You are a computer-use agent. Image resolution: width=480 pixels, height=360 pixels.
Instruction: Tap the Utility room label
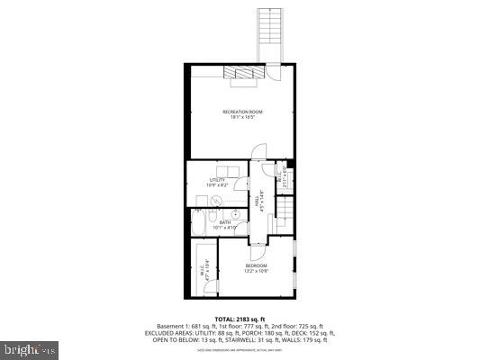[x=217, y=182]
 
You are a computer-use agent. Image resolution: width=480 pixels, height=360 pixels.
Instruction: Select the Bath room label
[x=224, y=225]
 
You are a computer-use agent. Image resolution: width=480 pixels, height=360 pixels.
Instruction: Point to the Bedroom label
[x=257, y=268]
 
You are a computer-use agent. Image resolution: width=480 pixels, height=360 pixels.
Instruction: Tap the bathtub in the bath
[x=199, y=225]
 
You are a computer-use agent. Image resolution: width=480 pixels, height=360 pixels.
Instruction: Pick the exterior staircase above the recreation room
[x=268, y=34]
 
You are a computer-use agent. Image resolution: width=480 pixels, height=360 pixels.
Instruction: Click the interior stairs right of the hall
[x=285, y=214]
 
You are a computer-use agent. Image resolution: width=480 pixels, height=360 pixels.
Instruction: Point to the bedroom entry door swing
[x=255, y=241]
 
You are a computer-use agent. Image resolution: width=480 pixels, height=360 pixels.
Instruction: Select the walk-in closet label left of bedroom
[x=205, y=269]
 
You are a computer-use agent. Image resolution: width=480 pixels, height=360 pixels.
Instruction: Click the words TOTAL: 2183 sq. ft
[x=239, y=319]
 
